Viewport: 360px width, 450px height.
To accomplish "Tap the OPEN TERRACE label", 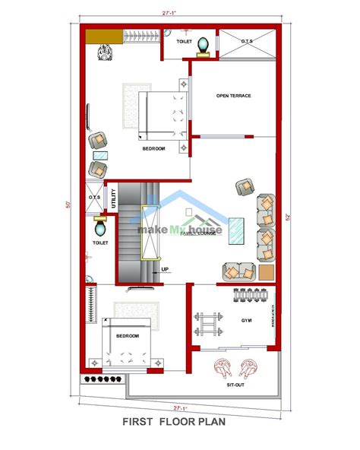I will pyautogui.click(x=233, y=96).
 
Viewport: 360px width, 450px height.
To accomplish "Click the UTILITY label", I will pyautogui.click(x=113, y=197).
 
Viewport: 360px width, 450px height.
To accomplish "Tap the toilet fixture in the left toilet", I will pyautogui.click(x=100, y=226).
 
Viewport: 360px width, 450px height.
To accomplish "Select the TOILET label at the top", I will pyautogui.click(x=184, y=43).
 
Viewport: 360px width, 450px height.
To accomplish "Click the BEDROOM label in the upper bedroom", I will pyautogui.click(x=153, y=149).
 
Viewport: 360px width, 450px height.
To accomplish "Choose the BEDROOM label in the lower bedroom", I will pyautogui.click(x=128, y=335).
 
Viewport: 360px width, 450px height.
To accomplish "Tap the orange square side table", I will pyautogui.click(x=265, y=271).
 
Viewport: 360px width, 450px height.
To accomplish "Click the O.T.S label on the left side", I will pyautogui.click(x=95, y=198).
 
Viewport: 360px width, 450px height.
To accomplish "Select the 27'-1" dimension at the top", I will pyautogui.click(x=180, y=12).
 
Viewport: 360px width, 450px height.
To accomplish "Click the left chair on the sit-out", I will pyautogui.click(x=222, y=367).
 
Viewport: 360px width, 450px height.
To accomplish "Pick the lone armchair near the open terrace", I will pyautogui.click(x=244, y=187).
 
